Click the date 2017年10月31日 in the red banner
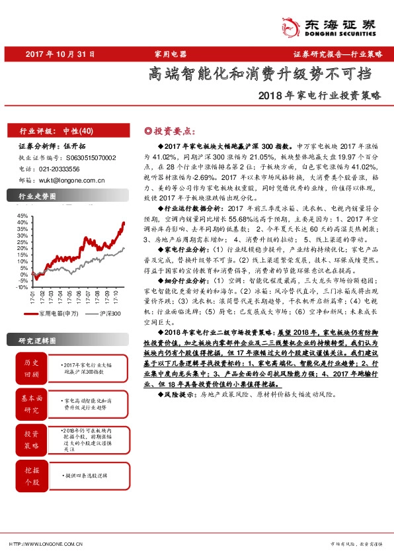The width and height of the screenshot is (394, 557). click(x=61, y=54)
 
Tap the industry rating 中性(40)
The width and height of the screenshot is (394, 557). click(x=83, y=131)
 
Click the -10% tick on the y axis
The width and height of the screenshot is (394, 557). click(x=22, y=286)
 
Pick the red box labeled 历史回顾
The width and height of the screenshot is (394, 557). click(x=31, y=368)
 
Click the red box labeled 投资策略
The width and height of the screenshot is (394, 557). click(x=31, y=439)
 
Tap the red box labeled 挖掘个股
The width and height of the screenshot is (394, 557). click(x=31, y=474)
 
